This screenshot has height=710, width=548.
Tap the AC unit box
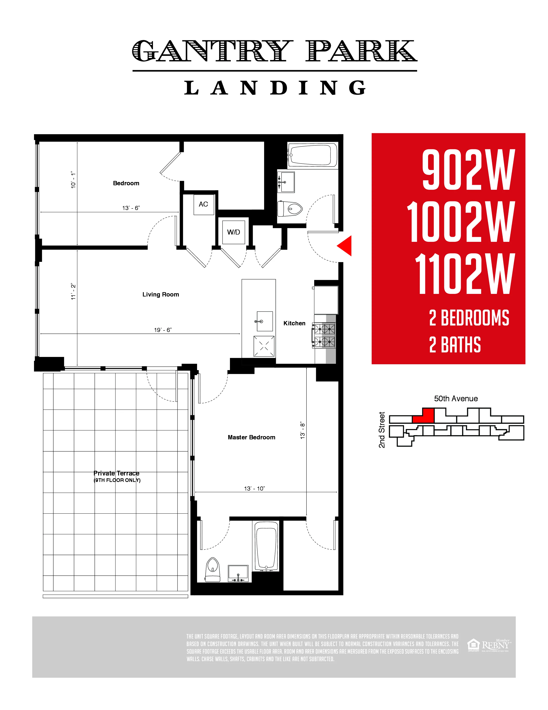coord(204,204)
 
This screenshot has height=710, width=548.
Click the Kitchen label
coord(294,323)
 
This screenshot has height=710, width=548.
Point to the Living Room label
coord(161,294)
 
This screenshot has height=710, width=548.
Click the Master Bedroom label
coord(251,437)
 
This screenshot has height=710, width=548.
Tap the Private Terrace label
coord(116,473)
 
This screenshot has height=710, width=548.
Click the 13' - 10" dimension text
coord(254,488)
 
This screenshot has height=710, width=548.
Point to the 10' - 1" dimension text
coord(73,180)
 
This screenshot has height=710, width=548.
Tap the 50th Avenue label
coord(456,398)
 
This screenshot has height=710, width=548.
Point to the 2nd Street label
coord(382,430)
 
